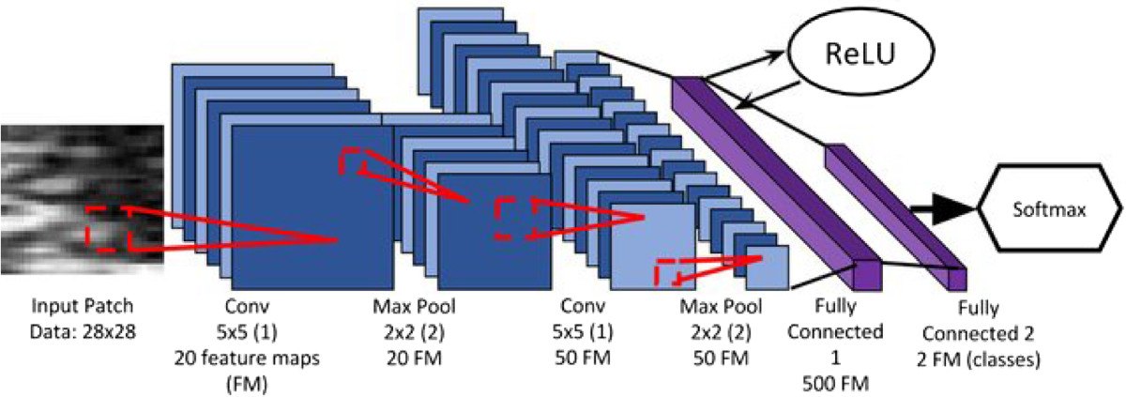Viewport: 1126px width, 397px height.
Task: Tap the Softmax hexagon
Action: tap(1051, 211)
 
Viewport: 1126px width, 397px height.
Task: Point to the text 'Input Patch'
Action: tap(82, 306)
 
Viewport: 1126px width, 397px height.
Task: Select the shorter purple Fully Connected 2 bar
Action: tap(896, 211)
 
